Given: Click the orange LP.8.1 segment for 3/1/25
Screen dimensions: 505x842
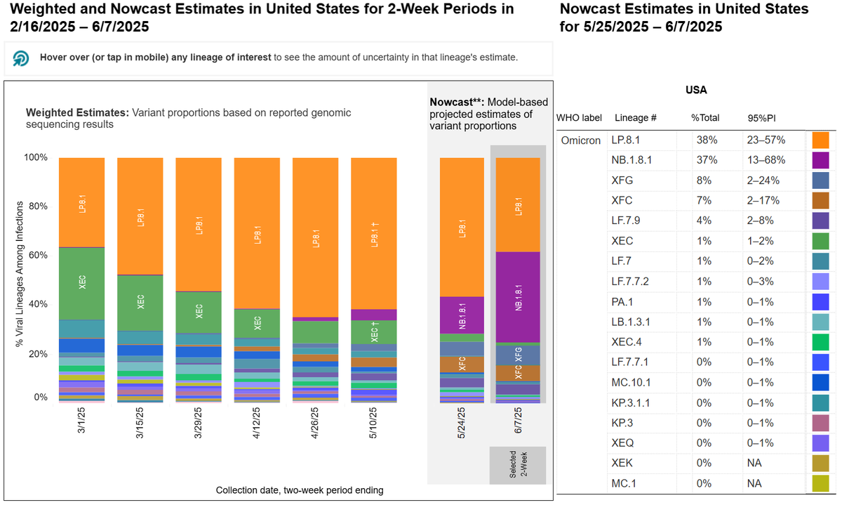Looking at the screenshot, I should (81, 202).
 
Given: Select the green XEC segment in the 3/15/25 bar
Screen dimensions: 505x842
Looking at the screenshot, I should (140, 302).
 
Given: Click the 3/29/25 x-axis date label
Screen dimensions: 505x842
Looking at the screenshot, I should (198, 423).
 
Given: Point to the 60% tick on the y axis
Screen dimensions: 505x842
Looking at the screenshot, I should (39, 256).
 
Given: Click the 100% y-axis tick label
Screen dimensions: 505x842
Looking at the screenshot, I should (37, 157).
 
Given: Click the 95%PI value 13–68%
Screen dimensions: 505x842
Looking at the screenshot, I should (765, 160).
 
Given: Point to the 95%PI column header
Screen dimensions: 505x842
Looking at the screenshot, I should (761, 118).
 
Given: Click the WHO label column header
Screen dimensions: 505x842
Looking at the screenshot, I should (580, 118).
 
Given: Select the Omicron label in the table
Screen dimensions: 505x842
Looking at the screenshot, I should (580, 140).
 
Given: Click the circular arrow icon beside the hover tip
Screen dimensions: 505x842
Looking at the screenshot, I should (21, 58).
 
